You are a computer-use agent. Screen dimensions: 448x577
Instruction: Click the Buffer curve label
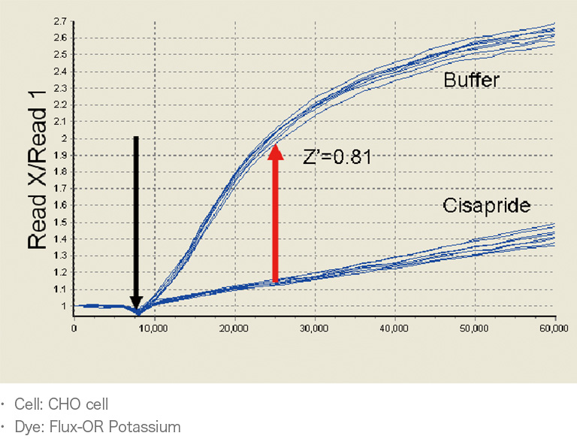[471, 80]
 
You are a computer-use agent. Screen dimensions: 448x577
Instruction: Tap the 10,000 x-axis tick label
[154, 328]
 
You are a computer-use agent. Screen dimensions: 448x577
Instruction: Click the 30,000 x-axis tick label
[314, 328]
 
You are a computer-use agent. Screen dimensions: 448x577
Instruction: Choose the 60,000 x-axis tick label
[554, 328]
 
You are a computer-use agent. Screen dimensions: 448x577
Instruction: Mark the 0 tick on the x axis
[74, 328]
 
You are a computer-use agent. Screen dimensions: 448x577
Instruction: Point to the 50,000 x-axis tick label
[474, 328]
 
